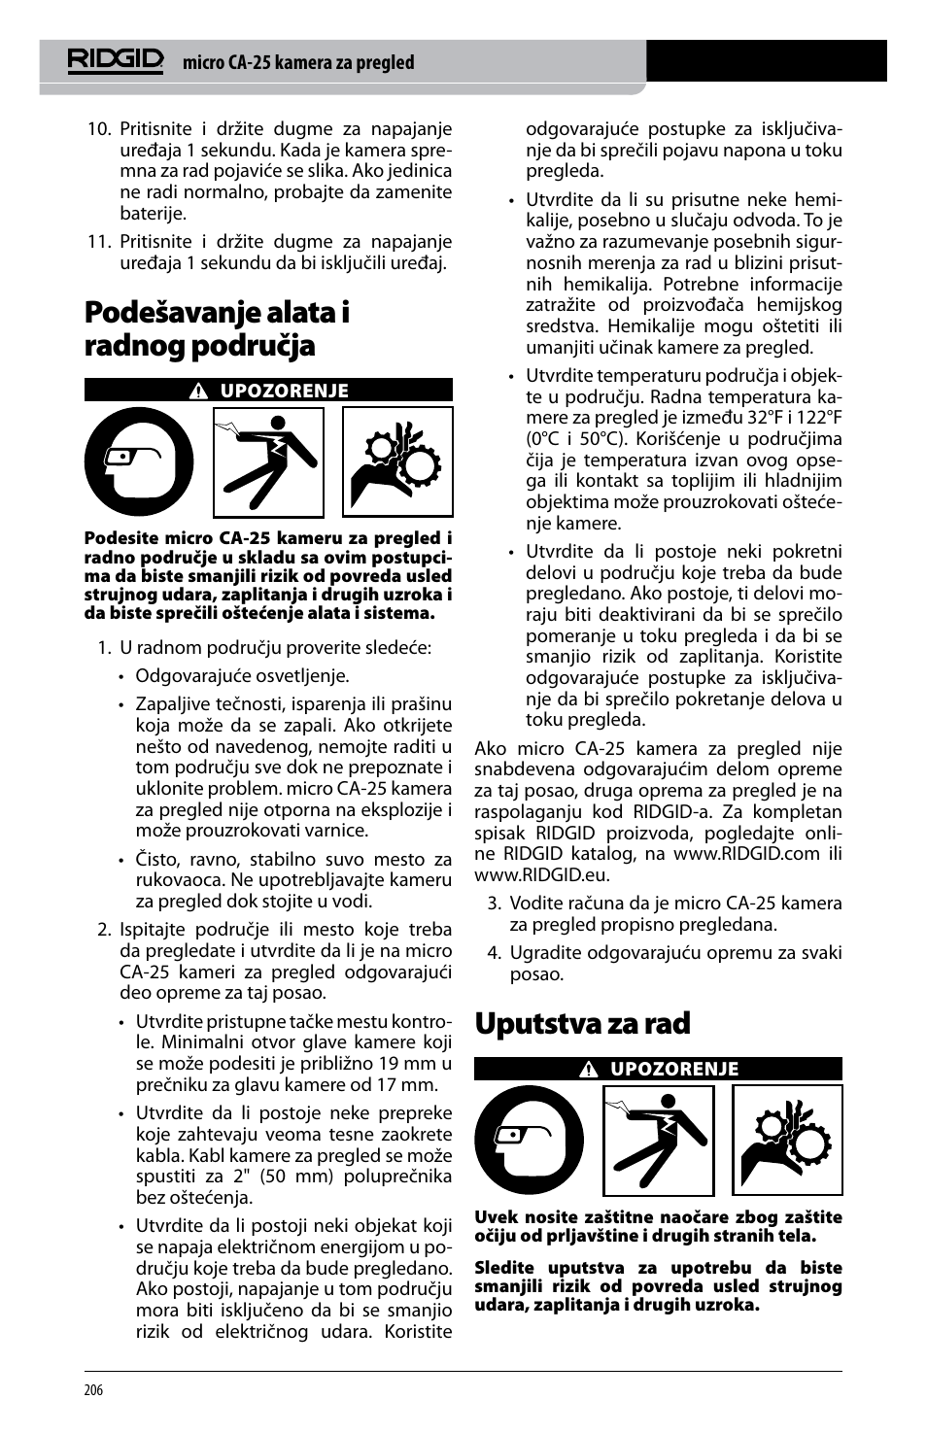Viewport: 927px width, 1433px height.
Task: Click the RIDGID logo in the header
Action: point(115,61)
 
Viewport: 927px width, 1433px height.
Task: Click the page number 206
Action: point(93,1390)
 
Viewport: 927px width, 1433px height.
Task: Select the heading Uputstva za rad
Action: point(582,1023)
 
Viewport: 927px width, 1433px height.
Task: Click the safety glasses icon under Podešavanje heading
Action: point(139,461)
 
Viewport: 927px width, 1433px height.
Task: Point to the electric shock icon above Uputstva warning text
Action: point(659,1140)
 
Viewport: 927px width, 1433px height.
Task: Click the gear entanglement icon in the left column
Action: point(397,461)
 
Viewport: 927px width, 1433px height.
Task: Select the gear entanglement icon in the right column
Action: point(787,1140)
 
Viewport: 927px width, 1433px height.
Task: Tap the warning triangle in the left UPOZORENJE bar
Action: point(199,392)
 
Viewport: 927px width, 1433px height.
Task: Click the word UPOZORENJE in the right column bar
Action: point(674,1069)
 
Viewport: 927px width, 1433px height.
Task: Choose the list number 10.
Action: point(99,129)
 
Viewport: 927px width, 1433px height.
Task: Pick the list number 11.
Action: point(99,242)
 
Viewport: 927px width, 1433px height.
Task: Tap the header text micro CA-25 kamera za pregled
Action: point(298,63)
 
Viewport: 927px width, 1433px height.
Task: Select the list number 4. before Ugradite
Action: point(494,953)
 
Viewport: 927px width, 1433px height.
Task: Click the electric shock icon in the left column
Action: point(268,461)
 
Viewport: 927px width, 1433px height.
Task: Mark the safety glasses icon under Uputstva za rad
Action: point(529,1140)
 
